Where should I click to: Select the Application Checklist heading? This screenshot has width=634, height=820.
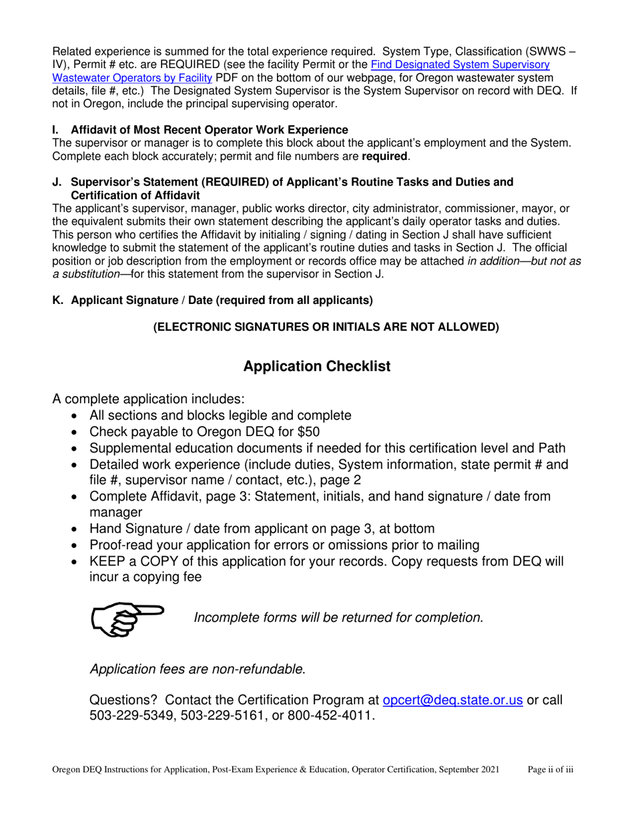point(317,366)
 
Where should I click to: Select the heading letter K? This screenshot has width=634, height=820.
point(57,301)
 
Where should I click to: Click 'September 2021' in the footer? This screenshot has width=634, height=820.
point(477,769)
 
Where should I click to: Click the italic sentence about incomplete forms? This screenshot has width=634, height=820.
point(338,617)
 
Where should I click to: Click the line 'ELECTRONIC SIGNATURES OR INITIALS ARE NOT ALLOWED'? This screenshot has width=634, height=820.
point(326,327)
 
